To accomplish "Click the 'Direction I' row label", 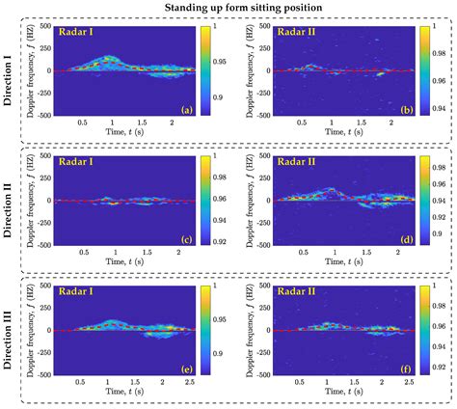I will [10, 72].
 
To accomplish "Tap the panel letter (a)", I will [186, 110].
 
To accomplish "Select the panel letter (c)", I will [186, 238].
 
